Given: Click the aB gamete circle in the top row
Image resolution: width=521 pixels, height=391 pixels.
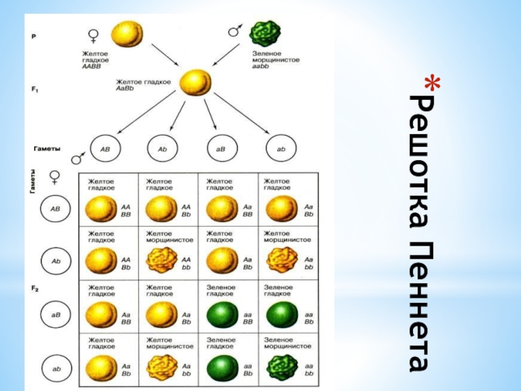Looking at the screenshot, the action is pos(221,149).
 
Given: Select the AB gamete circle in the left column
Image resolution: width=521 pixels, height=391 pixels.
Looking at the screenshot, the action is pos(55,209).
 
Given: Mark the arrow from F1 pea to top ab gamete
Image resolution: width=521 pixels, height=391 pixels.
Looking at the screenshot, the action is pos(242,115).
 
